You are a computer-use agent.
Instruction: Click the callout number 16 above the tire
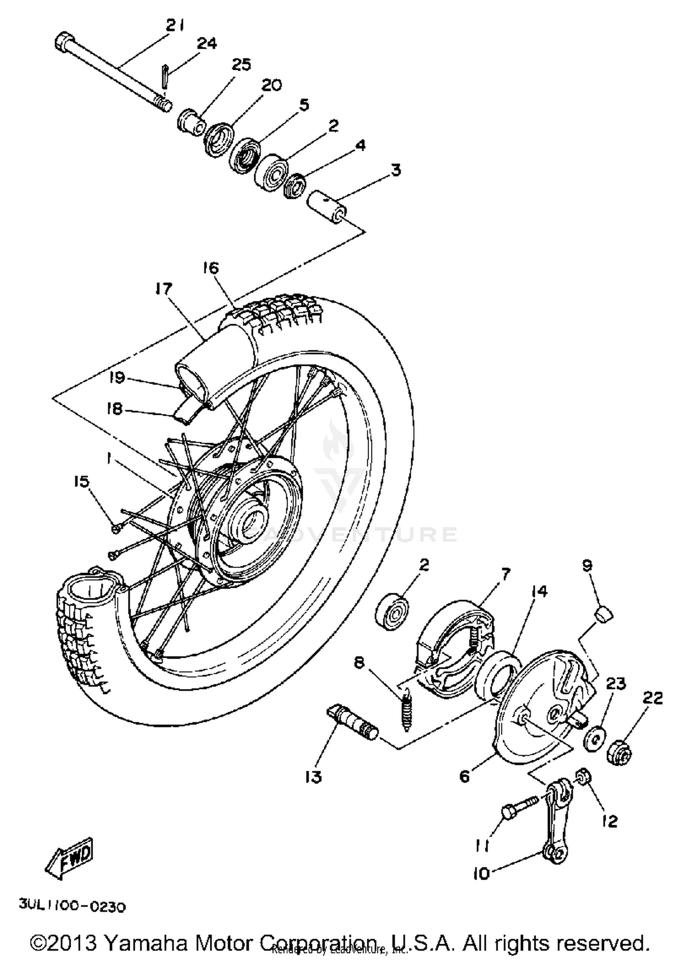pyautogui.click(x=211, y=268)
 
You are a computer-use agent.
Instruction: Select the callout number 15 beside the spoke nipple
pyautogui.click(x=82, y=482)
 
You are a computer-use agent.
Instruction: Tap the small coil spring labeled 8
pyautogui.click(x=405, y=717)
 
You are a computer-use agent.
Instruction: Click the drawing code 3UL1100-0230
pyautogui.click(x=72, y=906)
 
